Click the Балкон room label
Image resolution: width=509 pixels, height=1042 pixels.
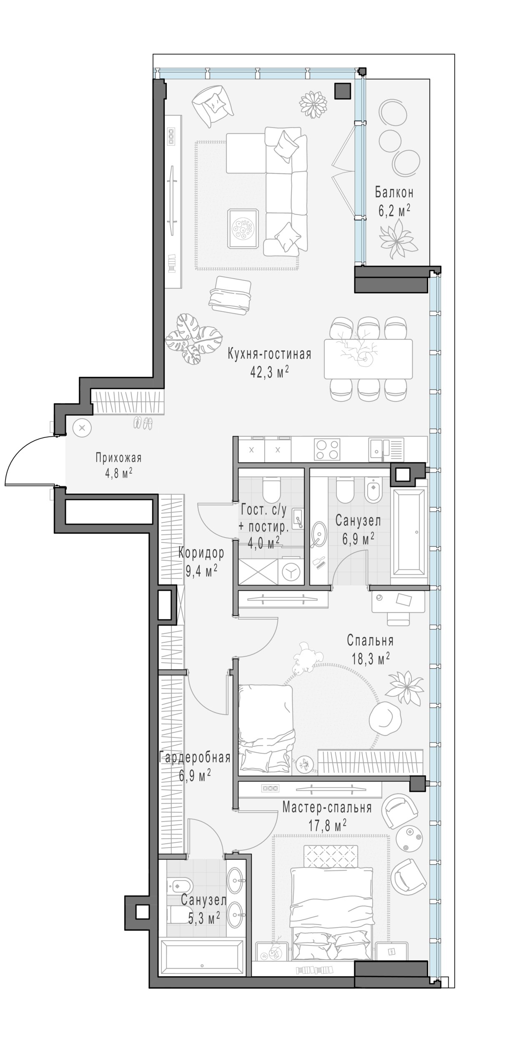coord(394,193)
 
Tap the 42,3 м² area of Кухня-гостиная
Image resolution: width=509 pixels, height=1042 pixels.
coord(269,371)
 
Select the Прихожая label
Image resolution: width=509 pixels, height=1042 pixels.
coord(119,458)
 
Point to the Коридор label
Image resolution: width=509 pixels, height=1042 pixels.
coord(201,553)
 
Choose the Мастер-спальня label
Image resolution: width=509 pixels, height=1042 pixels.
coord(327,807)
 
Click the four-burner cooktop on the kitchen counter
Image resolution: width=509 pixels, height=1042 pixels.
coord(327,449)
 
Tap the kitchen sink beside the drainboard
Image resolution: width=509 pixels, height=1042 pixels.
coord(378,449)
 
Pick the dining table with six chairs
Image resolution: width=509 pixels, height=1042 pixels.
coord(368,359)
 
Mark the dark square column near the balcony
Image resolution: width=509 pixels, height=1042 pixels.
coord(342,91)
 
